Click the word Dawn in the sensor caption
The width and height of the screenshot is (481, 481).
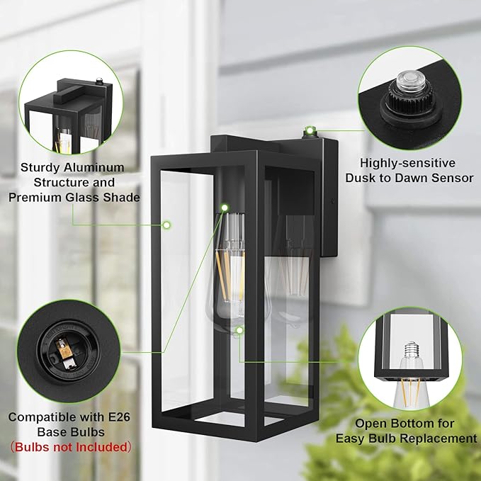pyautogui.click(x=409, y=178)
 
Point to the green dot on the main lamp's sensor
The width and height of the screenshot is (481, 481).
pyautogui.click(x=309, y=130)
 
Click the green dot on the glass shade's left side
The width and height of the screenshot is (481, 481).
pyautogui.click(x=166, y=225)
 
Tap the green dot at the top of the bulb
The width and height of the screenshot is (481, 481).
pyautogui.click(x=224, y=208)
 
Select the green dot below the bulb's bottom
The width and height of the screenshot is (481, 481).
pyautogui.click(x=240, y=330)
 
